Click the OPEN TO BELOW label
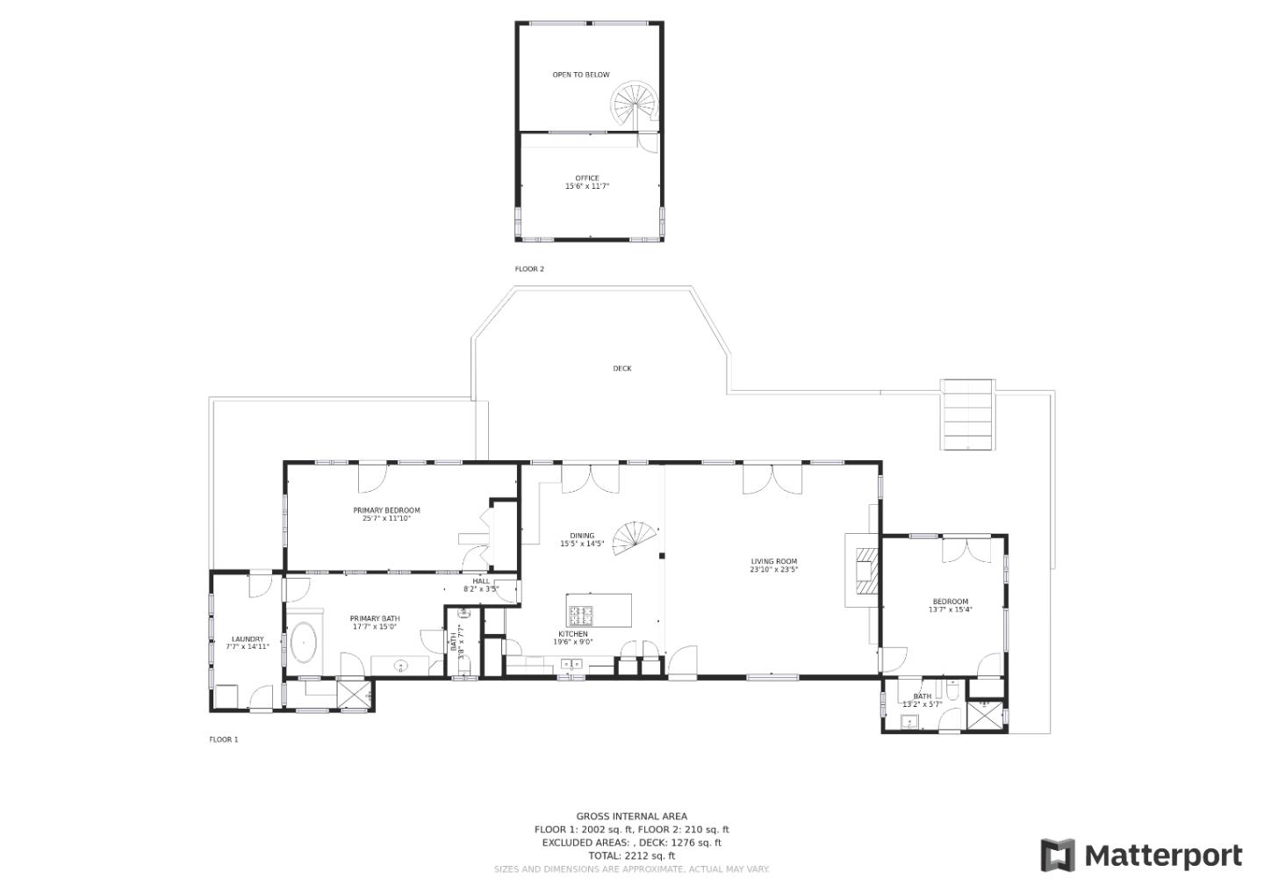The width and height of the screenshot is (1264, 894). (x=581, y=75)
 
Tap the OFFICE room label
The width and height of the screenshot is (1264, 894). (x=587, y=178)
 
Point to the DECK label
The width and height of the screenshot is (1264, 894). (x=621, y=369)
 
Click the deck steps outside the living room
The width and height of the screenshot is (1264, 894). (x=967, y=415)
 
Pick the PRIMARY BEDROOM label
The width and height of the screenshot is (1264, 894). (x=386, y=510)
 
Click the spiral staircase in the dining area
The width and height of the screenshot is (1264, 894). (x=635, y=539)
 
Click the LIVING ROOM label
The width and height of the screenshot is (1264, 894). (x=773, y=561)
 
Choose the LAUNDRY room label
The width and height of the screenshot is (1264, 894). (x=248, y=639)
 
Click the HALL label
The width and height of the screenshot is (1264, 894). (x=481, y=581)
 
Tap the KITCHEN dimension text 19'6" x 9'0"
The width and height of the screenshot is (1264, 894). (x=572, y=642)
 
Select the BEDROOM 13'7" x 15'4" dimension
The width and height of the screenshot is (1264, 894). (x=951, y=609)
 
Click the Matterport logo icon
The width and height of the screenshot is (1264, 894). (x=1058, y=855)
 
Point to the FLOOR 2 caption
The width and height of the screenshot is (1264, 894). (x=529, y=270)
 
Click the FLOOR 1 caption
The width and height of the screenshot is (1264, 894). (x=224, y=739)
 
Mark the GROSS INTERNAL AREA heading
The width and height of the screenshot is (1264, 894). (x=631, y=816)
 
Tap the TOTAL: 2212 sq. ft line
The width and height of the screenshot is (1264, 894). (x=631, y=855)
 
